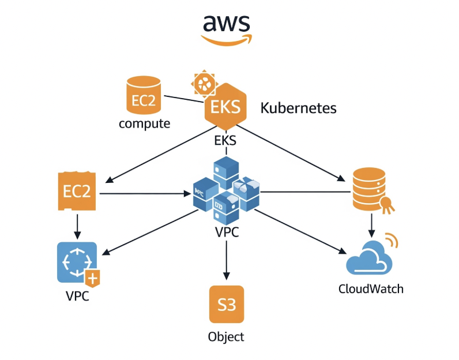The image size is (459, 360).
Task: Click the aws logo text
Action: [226, 23]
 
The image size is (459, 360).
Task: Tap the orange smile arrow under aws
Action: [227, 39]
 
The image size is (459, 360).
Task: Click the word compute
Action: [144, 123]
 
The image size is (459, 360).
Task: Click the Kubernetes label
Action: [298, 108]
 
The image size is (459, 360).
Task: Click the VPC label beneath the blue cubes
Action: [226, 234]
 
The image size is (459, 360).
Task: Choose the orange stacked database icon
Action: [369, 189]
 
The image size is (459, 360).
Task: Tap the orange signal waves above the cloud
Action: [392, 241]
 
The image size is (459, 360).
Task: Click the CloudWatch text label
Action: [371, 288]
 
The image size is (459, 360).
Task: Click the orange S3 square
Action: [227, 304]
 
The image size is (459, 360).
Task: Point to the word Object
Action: [226, 337]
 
